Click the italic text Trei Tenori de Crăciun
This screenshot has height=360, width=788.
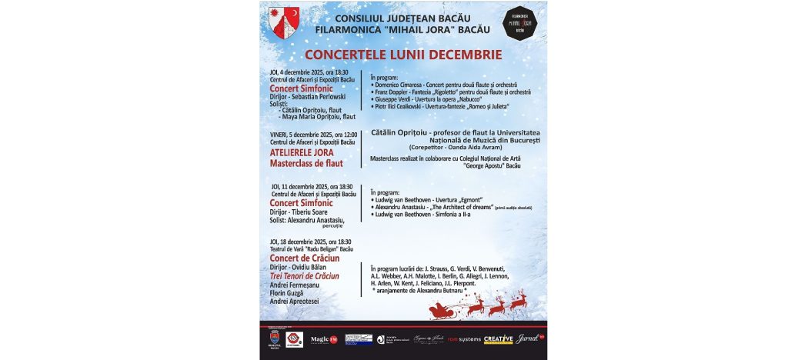click(305, 275)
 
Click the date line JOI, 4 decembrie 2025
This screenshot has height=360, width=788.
click(304, 72)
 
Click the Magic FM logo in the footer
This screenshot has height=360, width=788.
click(324, 339)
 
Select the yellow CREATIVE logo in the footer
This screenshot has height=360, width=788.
click(498, 339)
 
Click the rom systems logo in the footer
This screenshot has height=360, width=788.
click(464, 339)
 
